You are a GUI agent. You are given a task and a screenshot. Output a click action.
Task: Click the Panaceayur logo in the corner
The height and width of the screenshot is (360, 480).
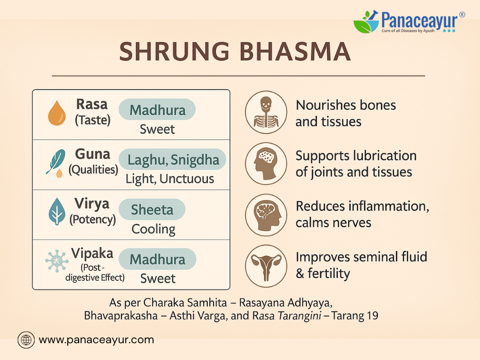click(409, 22)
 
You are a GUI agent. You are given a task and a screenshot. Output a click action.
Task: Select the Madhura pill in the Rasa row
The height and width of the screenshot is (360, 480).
click(157, 110)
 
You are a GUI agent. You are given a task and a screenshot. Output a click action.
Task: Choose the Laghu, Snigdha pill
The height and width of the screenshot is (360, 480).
click(173, 160)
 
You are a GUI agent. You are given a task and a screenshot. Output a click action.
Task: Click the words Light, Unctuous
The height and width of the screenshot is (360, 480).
click(170, 179)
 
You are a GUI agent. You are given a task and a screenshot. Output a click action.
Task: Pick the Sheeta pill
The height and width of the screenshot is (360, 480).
click(152, 210)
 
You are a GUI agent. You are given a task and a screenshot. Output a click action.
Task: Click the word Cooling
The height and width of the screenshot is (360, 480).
click(153, 229)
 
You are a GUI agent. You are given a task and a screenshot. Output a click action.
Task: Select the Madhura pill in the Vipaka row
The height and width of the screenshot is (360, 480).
click(157, 259)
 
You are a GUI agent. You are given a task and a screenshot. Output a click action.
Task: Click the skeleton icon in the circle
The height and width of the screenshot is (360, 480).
click(266, 112)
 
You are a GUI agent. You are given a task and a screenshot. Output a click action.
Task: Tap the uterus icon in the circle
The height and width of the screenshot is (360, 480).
click(266, 266)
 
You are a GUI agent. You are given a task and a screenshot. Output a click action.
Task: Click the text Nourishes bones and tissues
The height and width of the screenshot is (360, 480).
click(346, 113)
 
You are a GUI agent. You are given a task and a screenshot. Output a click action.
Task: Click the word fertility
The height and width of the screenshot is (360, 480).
click(329, 274)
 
